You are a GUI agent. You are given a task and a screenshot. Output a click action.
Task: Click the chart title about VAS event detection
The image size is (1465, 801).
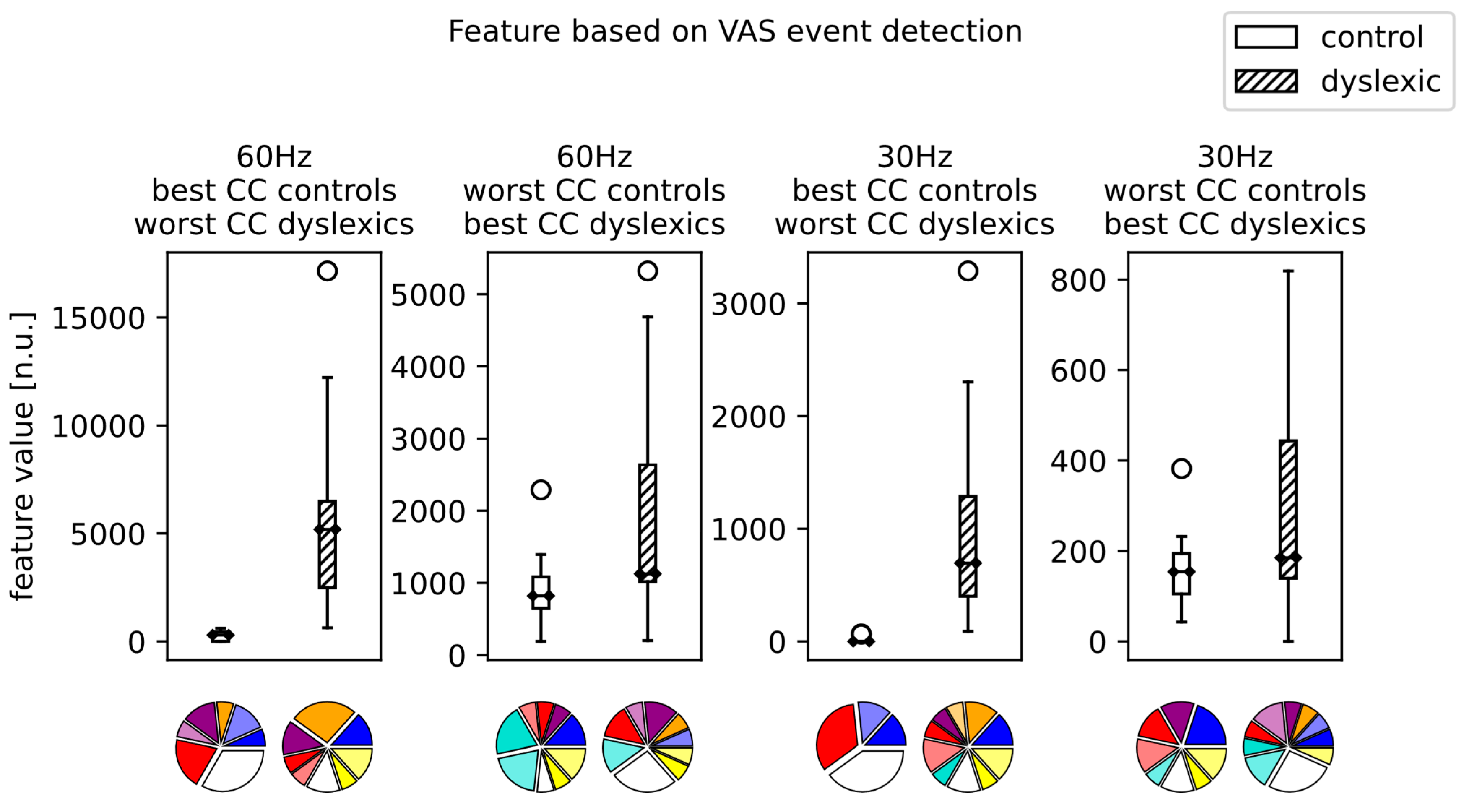point(735,31)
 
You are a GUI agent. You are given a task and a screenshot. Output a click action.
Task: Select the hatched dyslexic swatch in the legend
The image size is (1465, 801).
point(1266,81)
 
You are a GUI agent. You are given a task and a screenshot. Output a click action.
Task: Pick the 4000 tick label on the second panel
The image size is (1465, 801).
point(428,367)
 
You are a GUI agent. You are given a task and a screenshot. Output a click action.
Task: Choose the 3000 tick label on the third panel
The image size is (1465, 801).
point(748,304)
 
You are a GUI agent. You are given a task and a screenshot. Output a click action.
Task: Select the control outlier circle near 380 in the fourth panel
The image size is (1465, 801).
point(1181,468)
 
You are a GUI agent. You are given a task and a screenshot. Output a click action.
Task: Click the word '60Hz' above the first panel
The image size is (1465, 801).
point(274,157)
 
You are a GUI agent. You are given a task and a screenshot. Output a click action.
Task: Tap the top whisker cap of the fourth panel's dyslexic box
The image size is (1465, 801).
point(1288,271)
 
